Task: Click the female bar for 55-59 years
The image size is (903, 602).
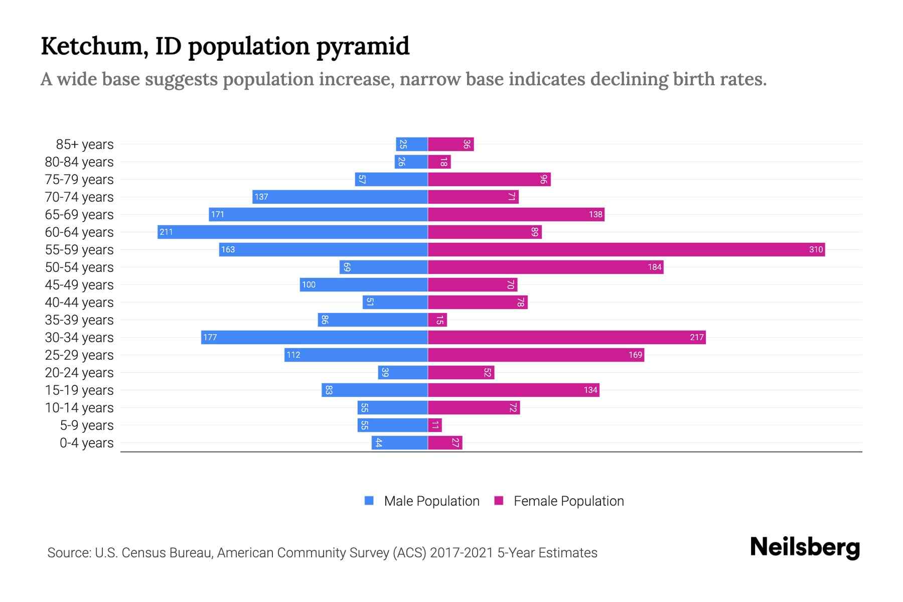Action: (x=626, y=250)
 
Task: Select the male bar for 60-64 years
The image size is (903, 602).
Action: (x=292, y=232)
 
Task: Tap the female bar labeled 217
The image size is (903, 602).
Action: (x=567, y=338)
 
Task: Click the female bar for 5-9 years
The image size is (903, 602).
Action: (x=435, y=425)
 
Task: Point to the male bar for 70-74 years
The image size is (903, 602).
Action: (x=340, y=197)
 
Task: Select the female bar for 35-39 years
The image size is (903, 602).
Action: (x=437, y=320)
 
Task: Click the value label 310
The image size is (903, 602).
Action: (x=816, y=250)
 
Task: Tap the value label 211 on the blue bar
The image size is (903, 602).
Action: (x=166, y=232)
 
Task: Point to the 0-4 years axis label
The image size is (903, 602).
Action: (x=86, y=443)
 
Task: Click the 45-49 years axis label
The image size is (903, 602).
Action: (x=79, y=285)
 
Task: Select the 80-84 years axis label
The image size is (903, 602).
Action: (x=79, y=162)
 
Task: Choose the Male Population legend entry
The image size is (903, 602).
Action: (x=431, y=501)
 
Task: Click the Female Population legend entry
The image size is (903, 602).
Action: (x=568, y=501)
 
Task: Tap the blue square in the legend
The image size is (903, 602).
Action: (x=369, y=501)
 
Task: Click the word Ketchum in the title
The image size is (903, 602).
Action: (x=94, y=46)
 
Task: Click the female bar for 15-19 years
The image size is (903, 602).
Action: (x=513, y=390)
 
